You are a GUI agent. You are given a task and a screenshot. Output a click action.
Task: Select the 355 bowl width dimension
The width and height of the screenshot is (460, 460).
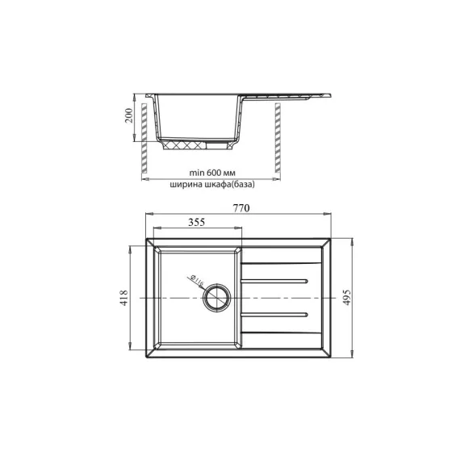pyautogui.click(x=194, y=222)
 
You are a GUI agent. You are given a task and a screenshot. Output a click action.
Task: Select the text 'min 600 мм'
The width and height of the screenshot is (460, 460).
pyautogui.click(x=211, y=173)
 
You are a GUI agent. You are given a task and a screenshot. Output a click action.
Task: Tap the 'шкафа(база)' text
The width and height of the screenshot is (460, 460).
pyautogui.click(x=232, y=185)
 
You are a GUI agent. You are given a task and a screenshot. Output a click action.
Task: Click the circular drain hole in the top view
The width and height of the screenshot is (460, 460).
pyautogui.click(x=217, y=298)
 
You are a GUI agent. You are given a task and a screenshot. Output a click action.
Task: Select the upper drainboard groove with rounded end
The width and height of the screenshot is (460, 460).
pyautogui.click(x=276, y=282)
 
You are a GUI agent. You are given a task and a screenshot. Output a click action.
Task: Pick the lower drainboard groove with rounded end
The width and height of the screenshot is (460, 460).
pyautogui.click(x=276, y=314)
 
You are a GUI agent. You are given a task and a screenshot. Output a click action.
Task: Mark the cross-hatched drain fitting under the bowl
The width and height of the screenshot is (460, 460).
pyautogui.click(x=192, y=146)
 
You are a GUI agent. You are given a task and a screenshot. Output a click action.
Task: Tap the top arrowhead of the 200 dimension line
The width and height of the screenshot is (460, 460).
pyautogui.click(x=138, y=94)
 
